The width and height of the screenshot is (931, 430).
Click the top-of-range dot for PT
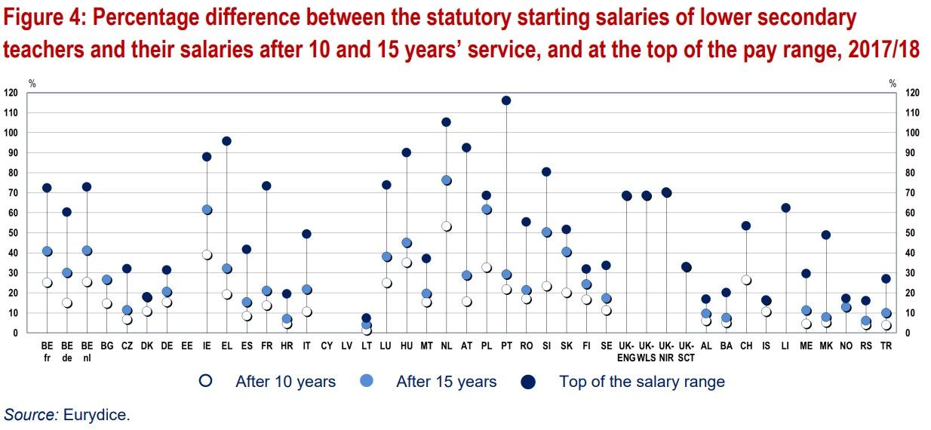506,100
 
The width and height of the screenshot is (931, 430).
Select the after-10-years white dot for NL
446,226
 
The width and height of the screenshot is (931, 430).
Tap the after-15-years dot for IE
207,210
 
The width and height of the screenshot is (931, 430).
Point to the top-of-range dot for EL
226,141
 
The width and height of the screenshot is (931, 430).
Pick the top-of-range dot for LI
785,207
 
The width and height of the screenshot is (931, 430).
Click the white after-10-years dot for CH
746,280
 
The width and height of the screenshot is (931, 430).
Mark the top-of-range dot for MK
825,235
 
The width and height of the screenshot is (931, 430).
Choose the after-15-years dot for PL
487,209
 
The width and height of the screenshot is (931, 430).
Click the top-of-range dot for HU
406,152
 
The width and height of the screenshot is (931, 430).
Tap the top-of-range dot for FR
266,186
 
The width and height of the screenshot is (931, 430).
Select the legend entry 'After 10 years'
285,382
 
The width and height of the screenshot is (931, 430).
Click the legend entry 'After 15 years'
446,382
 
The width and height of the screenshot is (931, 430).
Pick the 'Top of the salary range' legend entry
641,382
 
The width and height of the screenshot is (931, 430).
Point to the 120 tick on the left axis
11,93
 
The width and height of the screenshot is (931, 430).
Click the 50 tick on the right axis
911,233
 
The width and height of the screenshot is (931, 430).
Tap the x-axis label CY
327,346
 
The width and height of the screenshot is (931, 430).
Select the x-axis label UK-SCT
686,352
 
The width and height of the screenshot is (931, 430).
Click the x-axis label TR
886,346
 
